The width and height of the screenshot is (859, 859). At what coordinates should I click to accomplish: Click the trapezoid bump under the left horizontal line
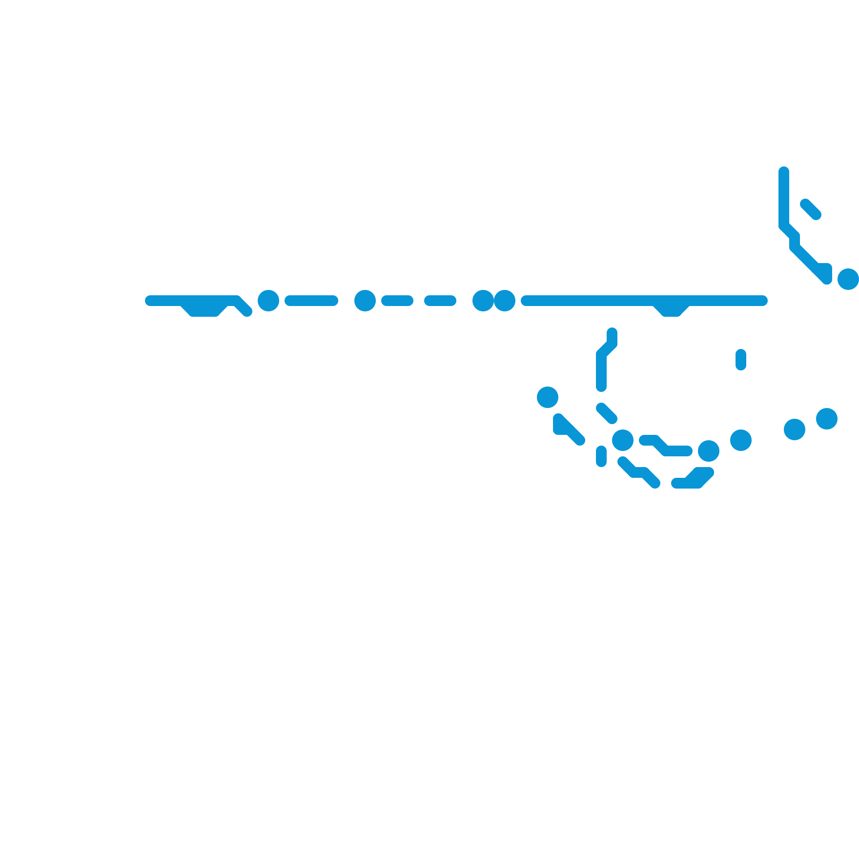tap(204, 309)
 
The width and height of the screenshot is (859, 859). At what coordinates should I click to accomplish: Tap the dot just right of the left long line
tap(268, 301)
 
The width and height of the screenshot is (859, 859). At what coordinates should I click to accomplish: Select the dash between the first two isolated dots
tap(311, 301)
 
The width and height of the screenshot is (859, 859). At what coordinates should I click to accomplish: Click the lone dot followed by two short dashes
tap(365, 301)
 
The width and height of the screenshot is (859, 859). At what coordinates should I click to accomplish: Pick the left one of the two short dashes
tap(397, 301)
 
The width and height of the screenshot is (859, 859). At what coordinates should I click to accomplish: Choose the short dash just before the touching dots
tap(440, 301)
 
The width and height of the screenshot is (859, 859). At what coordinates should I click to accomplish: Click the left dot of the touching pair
tap(483, 301)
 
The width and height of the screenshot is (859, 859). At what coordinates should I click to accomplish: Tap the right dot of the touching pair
tap(505, 301)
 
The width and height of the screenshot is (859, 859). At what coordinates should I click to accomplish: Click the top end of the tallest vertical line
tap(784, 172)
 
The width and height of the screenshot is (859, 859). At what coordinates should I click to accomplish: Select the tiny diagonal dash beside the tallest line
tap(811, 209)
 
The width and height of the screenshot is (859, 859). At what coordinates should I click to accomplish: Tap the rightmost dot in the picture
tap(848, 279)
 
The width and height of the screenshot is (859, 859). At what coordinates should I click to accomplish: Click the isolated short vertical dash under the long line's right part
tap(741, 360)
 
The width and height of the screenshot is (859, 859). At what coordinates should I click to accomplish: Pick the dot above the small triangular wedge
tap(548, 397)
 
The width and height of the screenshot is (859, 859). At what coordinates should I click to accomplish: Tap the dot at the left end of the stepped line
tap(623, 440)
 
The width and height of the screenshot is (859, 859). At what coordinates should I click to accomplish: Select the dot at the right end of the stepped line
tap(709, 451)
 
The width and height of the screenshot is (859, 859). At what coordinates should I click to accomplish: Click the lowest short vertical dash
tap(601, 456)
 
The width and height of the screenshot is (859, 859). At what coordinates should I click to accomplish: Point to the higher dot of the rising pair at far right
tap(827, 419)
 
